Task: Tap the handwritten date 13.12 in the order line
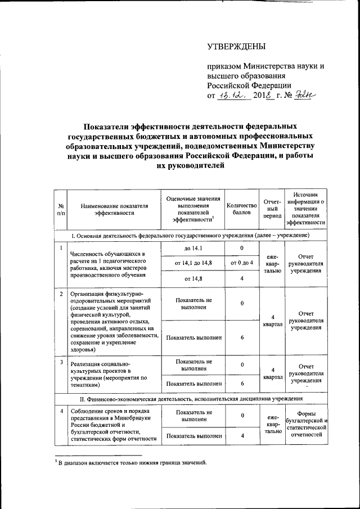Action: click(231, 96)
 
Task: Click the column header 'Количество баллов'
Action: click(241, 209)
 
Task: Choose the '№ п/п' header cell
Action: click(61, 209)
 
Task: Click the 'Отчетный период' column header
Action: click(273, 209)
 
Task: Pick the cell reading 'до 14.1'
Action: click(192, 248)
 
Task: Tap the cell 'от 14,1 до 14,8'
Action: click(192, 263)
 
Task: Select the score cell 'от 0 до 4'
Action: click(241, 263)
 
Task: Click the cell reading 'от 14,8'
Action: click(192, 278)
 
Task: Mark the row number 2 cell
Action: click(61, 294)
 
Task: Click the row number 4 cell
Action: click(61, 412)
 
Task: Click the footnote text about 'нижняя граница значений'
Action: click(133, 463)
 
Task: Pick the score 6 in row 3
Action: click(241, 383)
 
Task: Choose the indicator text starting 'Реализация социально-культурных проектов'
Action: click(107, 374)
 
